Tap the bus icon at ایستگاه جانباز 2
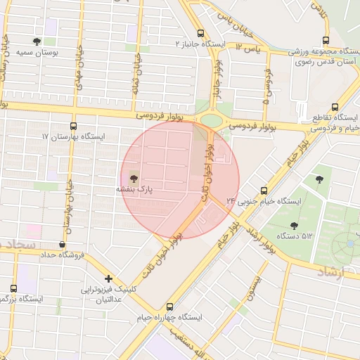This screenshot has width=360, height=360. pos(201,33)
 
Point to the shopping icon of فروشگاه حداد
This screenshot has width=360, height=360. pos(64,245)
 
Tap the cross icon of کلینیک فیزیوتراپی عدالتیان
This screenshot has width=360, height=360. pos(108,279)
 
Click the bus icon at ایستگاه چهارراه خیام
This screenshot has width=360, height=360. pos(169,307)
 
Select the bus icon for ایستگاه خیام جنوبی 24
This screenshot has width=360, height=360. pos(264,190)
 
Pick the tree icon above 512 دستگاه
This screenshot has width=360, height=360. pos(293,226)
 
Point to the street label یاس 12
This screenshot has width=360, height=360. pos(247,47)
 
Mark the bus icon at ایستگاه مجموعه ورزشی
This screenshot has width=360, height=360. pos(324,41)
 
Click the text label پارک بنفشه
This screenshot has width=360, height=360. pos(134,190)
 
